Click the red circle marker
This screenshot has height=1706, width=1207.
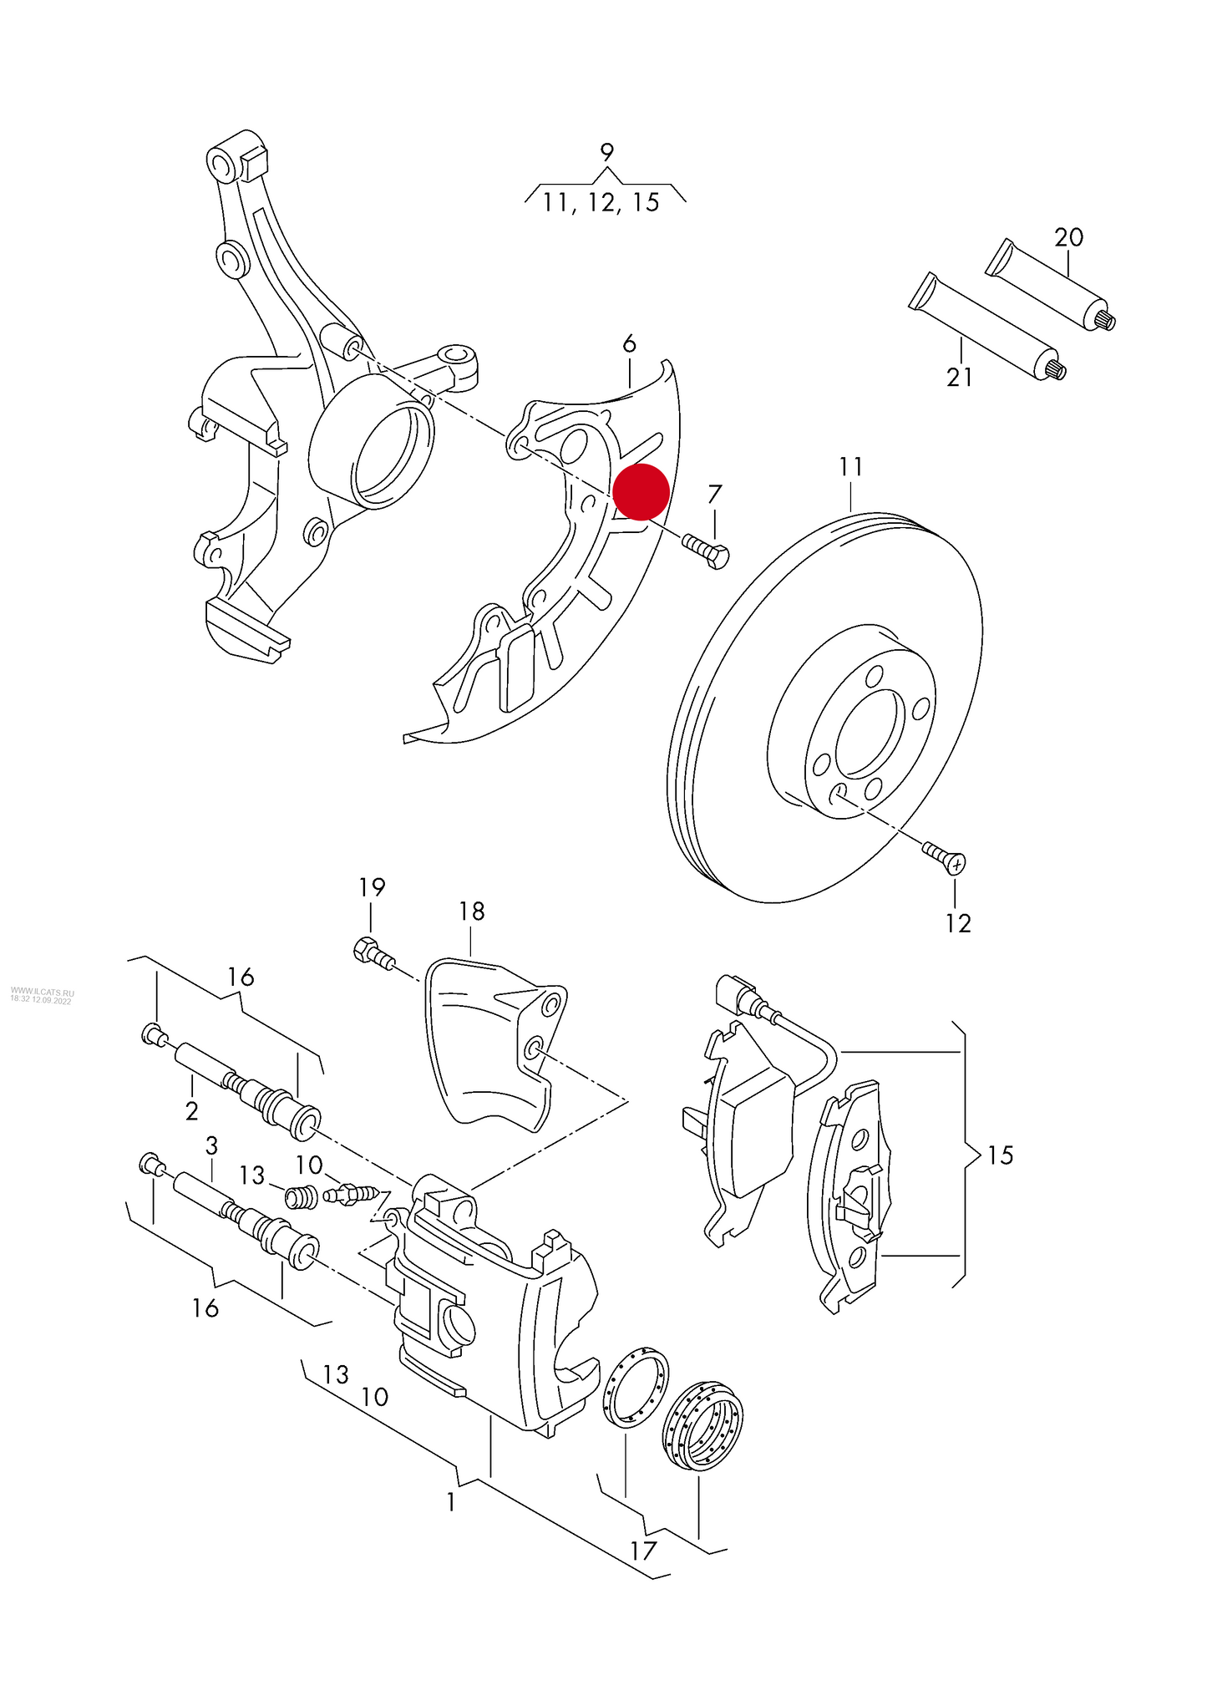pos(641,492)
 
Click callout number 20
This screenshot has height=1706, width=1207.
pos(1068,238)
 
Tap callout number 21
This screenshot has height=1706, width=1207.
pos(959,378)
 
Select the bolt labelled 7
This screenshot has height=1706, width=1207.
pos(707,551)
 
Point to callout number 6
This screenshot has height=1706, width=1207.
pos(629,343)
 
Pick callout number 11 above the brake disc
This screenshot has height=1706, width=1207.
pos(850,466)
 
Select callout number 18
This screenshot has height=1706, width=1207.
pos(471,911)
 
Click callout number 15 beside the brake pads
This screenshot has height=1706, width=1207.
pos(999,1155)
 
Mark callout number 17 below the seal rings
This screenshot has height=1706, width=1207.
pos(643,1551)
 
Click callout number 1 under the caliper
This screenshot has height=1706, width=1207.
pos(451,1502)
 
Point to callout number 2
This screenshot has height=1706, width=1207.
pos(191,1111)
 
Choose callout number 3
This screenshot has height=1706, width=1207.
pos(211,1145)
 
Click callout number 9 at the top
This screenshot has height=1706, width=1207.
pos(606,153)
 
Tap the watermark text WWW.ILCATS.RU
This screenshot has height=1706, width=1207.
pos(42,993)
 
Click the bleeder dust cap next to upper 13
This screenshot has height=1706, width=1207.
pos(299,1197)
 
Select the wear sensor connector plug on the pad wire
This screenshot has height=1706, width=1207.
pos(732,994)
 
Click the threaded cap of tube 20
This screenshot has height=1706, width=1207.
pos(1104,318)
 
